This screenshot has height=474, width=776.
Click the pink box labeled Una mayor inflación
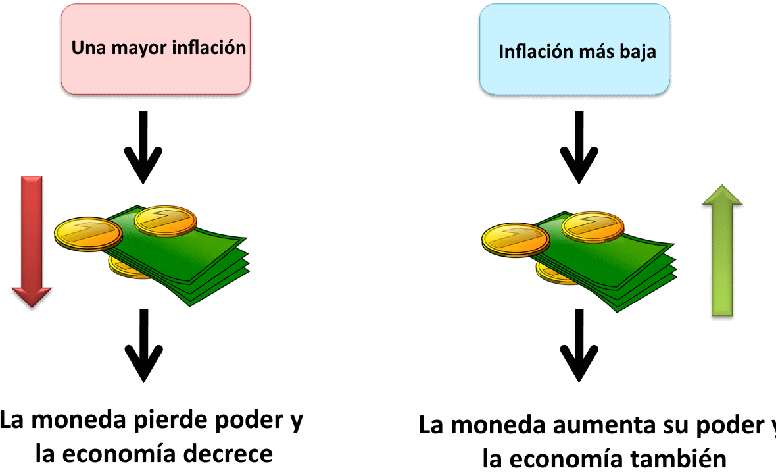(155, 49)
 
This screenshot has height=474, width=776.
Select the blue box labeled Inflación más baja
(575, 49)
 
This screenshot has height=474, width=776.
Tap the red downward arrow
(32, 242)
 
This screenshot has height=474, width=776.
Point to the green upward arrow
(722, 251)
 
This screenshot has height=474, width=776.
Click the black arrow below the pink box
(143, 147)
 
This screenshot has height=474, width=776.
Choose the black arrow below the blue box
(579, 147)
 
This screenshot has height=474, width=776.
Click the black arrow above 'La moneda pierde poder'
(143, 346)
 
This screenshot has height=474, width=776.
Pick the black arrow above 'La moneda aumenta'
(579, 346)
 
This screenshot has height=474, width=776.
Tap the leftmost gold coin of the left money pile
(88, 233)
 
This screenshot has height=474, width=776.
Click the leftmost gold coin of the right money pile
(515, 240)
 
